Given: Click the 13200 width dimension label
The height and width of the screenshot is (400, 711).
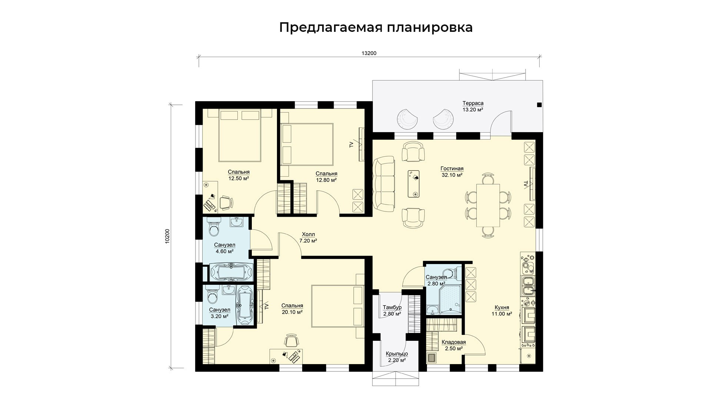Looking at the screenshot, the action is (369, 53).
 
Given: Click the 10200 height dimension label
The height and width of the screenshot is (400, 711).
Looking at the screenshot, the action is (167, 236).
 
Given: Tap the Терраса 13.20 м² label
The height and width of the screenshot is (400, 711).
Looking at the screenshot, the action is (473, 106).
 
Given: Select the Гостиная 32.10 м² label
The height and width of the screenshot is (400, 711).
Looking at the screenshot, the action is (452, 172).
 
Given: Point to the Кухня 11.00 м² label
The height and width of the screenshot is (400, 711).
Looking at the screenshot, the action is (502, 310).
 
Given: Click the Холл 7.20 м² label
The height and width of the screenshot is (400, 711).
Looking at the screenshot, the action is (308, 237).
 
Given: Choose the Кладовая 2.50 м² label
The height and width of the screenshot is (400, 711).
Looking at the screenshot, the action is (454, 345).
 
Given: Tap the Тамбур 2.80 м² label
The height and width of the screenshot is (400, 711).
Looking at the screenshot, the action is (392, 311).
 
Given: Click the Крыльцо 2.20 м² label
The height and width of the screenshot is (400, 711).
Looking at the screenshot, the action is (397, 357).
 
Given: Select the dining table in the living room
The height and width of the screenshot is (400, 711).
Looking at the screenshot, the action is (488, 205).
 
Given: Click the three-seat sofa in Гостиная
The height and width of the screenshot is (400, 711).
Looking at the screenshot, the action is (384, 184).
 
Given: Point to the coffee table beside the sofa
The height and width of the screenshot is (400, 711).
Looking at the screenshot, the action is (414, 184).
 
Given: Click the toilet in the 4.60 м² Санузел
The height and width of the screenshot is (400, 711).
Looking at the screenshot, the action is (214, 227).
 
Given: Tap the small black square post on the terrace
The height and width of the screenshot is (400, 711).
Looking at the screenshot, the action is (539, 105).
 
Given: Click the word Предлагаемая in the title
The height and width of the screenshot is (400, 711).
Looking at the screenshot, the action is (330, 28).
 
